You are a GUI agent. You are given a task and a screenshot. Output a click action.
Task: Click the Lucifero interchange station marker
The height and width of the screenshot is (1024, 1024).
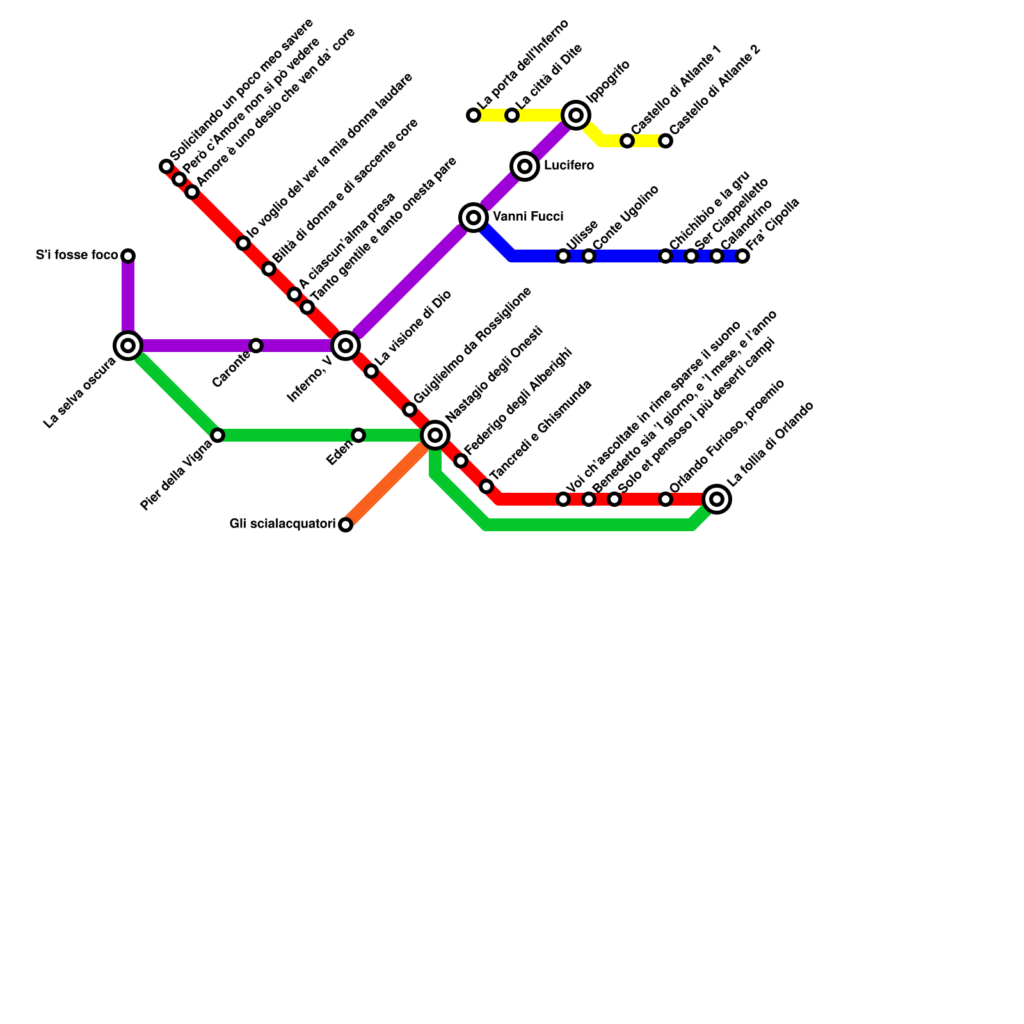tap(525, 166)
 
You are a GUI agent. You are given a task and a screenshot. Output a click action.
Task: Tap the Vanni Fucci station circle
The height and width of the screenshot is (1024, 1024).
tap(474, 218)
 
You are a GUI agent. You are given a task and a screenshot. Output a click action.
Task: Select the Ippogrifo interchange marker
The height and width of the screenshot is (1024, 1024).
tap(576, 115)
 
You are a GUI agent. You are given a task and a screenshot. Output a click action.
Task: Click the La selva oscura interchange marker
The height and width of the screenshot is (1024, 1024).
tap(128, 346)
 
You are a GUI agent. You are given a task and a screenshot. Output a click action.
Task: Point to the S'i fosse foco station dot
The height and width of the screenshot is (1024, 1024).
tap(128, 256)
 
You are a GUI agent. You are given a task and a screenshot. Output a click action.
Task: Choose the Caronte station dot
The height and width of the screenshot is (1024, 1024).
tap(256, 346)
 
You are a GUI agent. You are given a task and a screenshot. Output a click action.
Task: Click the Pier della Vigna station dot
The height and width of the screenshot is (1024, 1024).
tap(218, 435)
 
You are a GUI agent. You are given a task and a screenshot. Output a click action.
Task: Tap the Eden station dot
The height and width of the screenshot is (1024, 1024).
tap(358, 435)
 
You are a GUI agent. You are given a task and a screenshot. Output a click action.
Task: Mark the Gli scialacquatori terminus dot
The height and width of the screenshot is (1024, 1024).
tap(346, 525)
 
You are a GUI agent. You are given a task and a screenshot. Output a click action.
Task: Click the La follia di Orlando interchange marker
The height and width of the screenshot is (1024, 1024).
tap(717, 499)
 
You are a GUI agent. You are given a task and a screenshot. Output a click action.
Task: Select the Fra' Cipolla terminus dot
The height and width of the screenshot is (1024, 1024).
tap(742, 256)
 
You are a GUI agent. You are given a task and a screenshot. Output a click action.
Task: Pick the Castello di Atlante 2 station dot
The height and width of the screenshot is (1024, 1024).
tap(666, 141)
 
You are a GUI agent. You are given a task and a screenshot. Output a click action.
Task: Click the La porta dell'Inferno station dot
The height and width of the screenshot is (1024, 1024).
tap(474, 115)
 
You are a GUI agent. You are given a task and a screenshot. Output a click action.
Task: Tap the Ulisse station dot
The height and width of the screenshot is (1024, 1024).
tap(563, 256)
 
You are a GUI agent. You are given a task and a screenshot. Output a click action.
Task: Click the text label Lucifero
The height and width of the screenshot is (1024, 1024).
tap(568, 166)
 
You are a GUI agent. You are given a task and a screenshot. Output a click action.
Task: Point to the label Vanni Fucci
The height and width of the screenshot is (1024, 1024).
tap(528, 217)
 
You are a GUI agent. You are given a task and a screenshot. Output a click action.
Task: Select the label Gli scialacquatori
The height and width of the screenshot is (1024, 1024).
tap(282, 524)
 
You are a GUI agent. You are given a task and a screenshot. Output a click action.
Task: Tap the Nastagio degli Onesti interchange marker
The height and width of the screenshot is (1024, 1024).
tap(435, 435)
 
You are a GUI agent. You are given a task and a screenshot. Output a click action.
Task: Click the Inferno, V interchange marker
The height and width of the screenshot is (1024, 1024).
tap(346, 346)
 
